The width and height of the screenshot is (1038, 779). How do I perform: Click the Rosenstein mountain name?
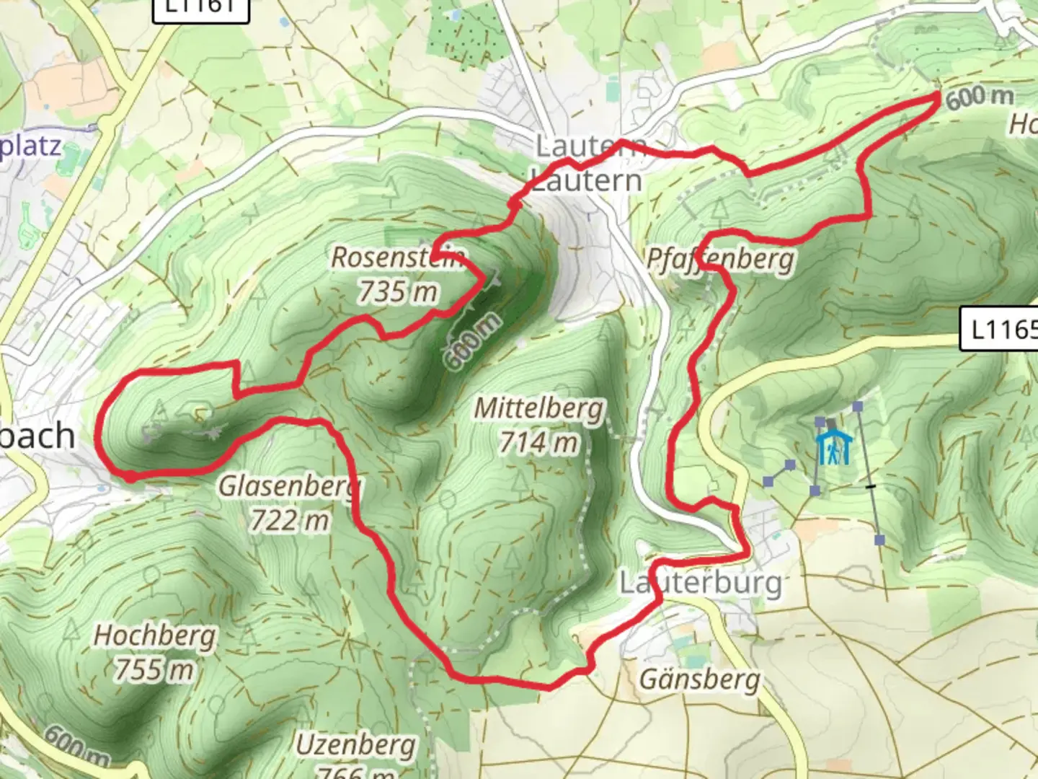click(399, 258)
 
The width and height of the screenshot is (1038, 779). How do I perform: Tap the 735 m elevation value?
click(398, 291)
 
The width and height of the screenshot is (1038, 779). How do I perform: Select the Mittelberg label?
click(539, 409)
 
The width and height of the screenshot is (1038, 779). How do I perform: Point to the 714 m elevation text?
click(539, 442)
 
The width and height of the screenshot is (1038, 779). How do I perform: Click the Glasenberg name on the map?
click(290, 487)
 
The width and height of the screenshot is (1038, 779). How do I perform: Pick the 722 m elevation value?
click(290, 519)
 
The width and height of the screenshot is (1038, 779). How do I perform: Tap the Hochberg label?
click(155, 636)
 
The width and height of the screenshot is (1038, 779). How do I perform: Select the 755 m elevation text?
click(155, 669)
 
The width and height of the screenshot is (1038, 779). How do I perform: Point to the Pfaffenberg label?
click(720, 259)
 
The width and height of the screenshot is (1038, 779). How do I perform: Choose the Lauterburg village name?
click(701, 583)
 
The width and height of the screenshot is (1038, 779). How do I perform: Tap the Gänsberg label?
click(700, 679)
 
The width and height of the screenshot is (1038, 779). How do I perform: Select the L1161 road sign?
click(200, 8)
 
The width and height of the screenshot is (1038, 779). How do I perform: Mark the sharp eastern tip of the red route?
click(939, 95)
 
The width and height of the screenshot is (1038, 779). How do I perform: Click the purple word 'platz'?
click(30, 146)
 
